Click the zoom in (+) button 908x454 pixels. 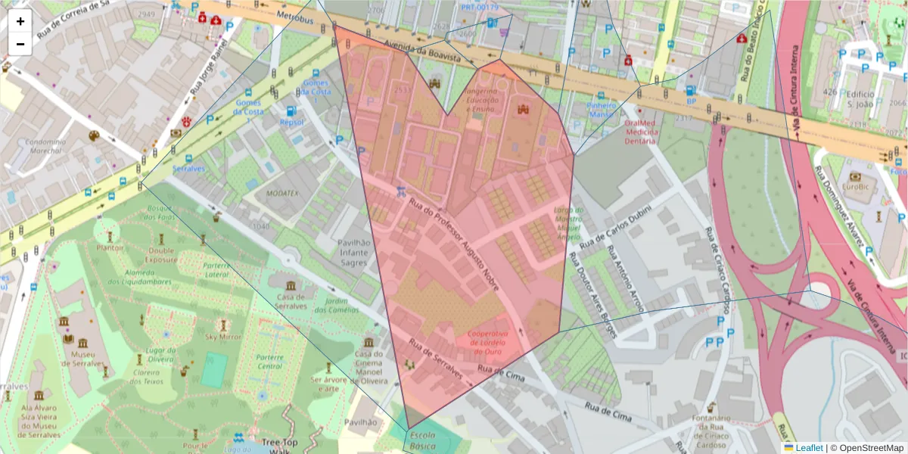tap(20, 21)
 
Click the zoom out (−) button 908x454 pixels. tap(20, 44)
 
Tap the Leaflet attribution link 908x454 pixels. tap(809, 448)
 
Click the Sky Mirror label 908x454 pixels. tap(224, 337)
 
